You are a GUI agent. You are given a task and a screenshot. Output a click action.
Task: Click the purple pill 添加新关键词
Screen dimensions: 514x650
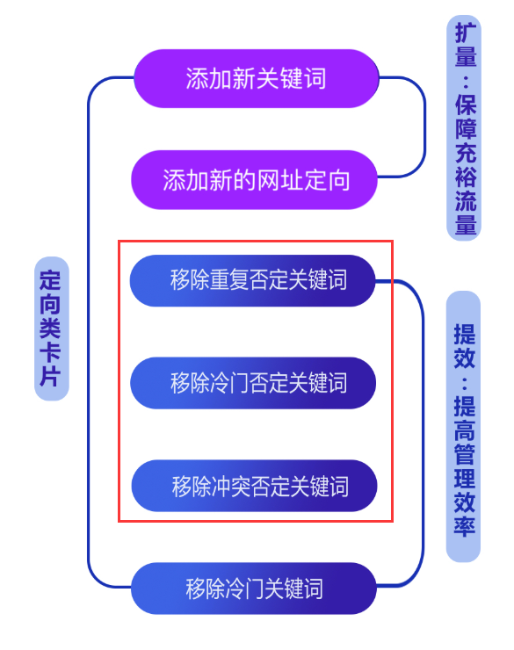coord(257,78)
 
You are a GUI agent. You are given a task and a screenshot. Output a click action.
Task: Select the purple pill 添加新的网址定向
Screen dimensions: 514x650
coord(254,180)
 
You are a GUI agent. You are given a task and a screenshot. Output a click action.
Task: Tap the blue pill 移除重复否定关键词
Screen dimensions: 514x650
coord(252,281)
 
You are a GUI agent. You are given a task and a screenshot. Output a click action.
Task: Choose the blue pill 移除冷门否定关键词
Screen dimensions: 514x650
coord(253,383)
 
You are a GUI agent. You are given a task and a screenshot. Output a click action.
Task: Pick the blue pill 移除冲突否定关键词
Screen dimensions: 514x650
coord(254,486)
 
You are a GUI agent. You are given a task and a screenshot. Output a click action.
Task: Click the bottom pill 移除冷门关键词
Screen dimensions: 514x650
coord(254,589)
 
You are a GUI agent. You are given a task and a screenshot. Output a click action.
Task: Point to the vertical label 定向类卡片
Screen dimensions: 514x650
coord(51,329)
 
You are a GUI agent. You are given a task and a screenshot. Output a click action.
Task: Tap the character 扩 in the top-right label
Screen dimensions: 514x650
coord(466,32)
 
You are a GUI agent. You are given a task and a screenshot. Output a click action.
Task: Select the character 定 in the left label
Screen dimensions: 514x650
coord(50,280)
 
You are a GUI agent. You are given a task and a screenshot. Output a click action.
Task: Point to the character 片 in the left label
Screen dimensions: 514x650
coord(50,376)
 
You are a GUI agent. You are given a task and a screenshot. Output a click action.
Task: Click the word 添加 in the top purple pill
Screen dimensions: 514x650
coord(209,78)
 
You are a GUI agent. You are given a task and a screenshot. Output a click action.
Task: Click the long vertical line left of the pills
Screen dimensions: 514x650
coord(88,332)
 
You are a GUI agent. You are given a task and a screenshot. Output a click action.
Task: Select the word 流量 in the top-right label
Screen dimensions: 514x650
coord(466,212)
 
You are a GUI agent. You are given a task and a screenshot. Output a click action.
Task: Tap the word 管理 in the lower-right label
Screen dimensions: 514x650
coord(464,466)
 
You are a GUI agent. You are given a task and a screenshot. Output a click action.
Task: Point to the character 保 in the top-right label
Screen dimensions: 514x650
coord(466,105)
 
